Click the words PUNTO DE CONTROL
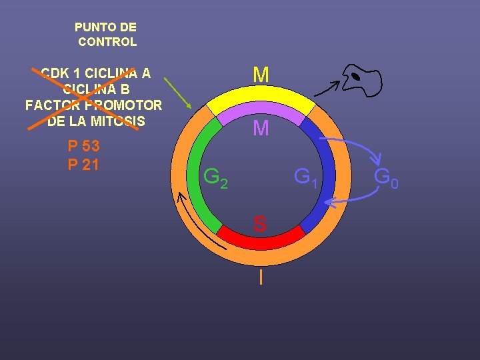[x=106, y=35]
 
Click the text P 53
[x=84, y=147]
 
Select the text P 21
[x=84, y=164]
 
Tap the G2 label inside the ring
[x=215, y=178]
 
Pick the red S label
[x=260, y=225]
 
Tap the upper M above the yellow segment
[x=261, y=75]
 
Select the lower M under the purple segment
[x=261, y=129]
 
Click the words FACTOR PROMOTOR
[x=93, y=105]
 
